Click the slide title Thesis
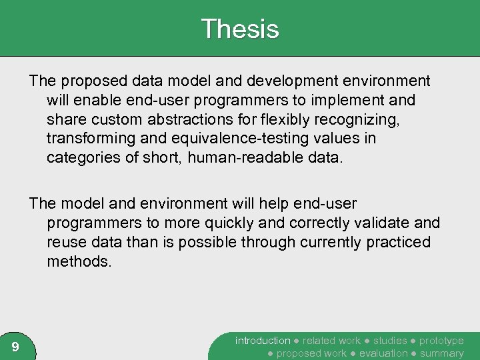tap(239, 29)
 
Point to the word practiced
tap(398, 242)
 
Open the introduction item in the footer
tap(263, 341)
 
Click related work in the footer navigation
tap(331, 341)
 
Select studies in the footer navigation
tap(390, 341)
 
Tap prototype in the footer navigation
tap(441, 341)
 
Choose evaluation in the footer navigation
tap(383, 353)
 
